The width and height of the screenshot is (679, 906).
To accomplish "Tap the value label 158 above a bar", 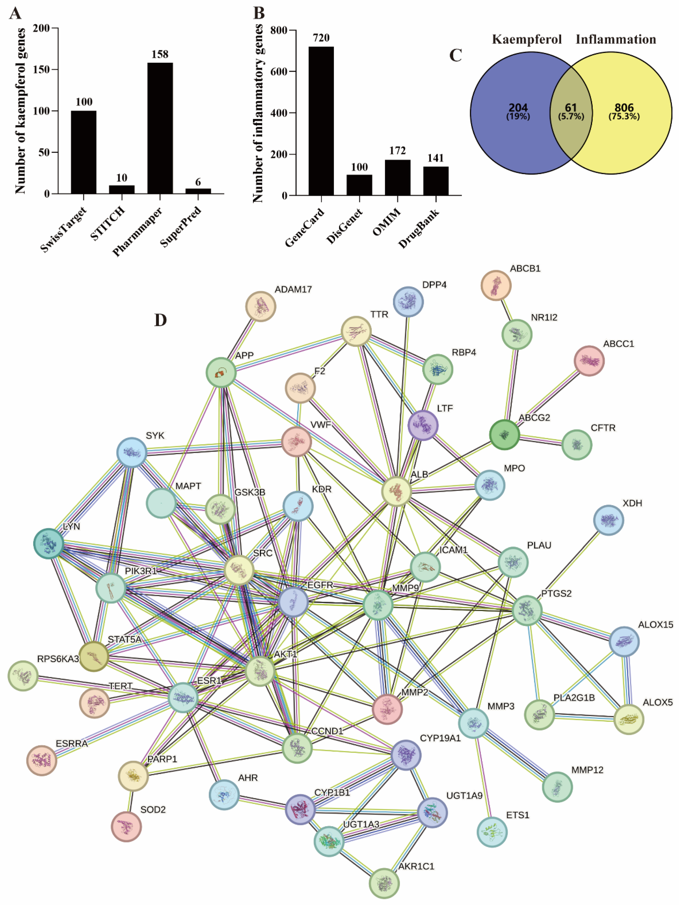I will (x=160, y=54).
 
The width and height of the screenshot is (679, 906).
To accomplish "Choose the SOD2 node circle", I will (x=126, y=827).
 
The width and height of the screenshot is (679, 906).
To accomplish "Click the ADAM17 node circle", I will (x=260, y=306).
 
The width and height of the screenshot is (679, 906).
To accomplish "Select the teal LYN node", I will (x=49, y=544).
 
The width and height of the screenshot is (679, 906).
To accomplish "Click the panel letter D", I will (x=161, y=320).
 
